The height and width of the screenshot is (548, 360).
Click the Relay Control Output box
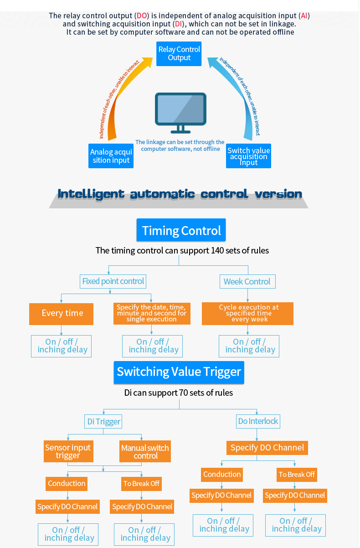[179, 53]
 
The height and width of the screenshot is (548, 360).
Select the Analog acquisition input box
[111, 156]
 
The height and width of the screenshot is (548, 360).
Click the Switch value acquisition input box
[248, 156]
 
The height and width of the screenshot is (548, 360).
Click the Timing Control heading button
[181, 230]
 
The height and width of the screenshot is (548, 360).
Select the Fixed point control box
[113, 281]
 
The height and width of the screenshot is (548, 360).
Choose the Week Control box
[247, 282]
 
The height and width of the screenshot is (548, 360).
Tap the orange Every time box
[62, 314]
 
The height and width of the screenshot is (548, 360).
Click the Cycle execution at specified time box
[247, 313]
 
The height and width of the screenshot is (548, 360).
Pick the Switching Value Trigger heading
[179, 372]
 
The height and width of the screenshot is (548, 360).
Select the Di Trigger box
[104, 422]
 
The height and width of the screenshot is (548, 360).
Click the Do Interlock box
[258, 421]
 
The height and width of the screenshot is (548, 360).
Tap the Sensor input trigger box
[68, 451]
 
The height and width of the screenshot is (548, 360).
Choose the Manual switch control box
[145, 451]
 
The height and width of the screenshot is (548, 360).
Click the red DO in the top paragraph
[142, 16]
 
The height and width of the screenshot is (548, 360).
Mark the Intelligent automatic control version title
[180, 194]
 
